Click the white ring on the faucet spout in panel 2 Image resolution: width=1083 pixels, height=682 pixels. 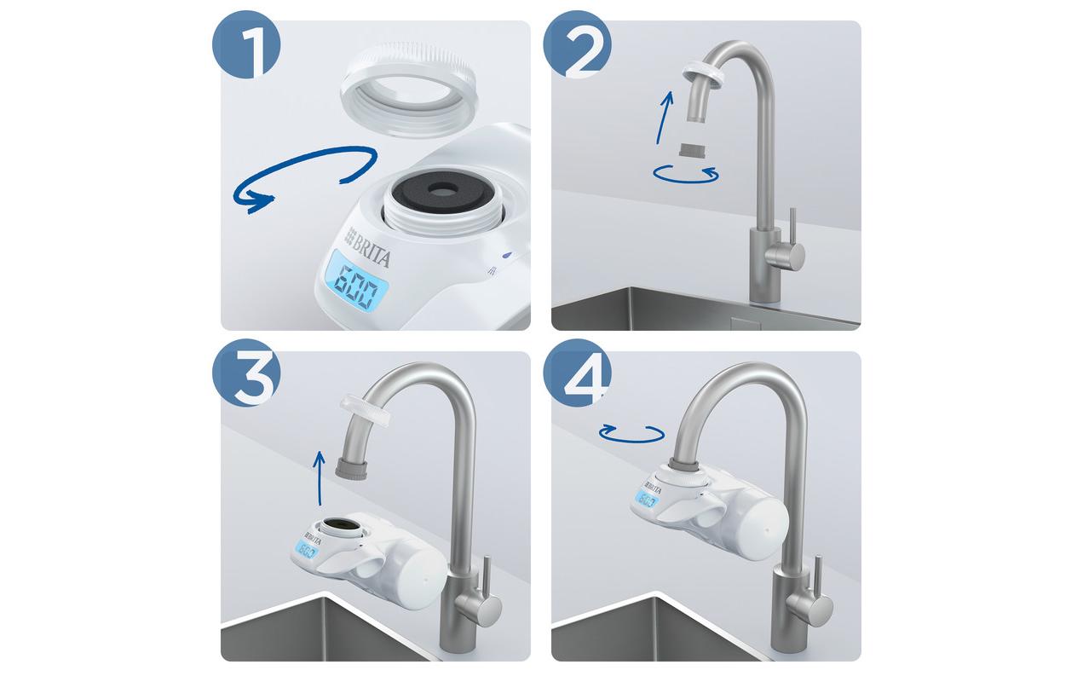tap(704, 72)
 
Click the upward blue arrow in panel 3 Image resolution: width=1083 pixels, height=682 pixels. tap(319, 480)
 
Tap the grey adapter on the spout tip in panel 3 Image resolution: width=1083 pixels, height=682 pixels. tap(354, 467)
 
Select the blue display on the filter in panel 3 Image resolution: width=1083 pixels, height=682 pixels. tap(307, 552)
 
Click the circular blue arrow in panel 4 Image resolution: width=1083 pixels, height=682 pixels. tap(631, 434)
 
